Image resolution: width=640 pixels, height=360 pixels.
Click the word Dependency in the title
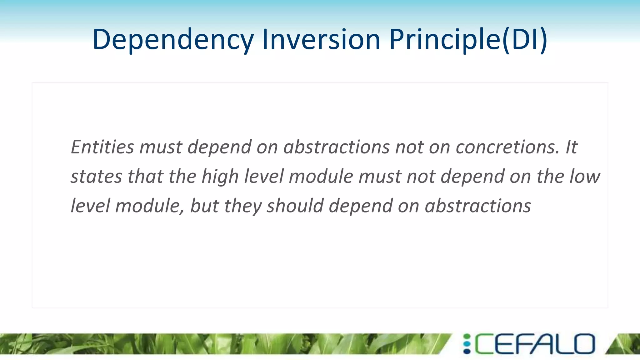[x=173, y=40]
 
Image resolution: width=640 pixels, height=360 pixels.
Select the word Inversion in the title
[x=321, y=40]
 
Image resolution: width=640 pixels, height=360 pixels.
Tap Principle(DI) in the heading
[x=468, y=40]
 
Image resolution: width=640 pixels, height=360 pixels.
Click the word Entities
[x=102, y=147]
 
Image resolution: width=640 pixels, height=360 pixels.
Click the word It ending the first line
[x=571, y=147]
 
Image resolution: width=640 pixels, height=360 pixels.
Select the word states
[x=96, y=177]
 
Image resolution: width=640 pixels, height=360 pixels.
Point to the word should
[x=295, y=206]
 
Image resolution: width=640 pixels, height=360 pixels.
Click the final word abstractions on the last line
[x=478, y=206]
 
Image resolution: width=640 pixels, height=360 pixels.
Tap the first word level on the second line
[x=263, y=177]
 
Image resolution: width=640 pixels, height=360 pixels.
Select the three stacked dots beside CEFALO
[x=467, y=344]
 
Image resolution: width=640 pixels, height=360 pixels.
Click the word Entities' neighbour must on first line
[x=160, y=147]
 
